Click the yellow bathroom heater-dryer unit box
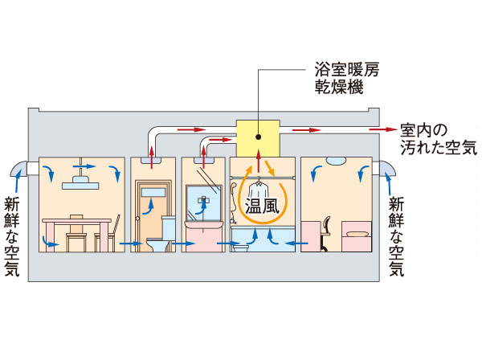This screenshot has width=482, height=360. click(x=257, y=137)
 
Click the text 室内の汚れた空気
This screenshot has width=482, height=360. click(x=438, y=138)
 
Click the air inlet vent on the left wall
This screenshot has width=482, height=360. click(x=29, y=168)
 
